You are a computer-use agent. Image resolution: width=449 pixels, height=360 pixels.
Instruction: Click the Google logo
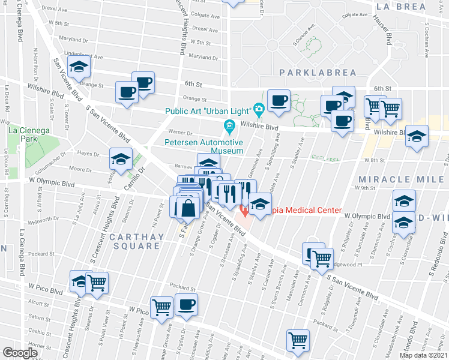tap(20, 353)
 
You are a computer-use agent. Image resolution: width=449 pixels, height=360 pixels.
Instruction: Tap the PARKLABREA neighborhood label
tap(318, 73)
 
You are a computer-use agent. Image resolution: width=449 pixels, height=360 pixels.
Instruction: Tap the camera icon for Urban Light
tap(259, 110)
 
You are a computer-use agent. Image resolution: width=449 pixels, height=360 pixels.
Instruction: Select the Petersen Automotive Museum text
tap(204, 147)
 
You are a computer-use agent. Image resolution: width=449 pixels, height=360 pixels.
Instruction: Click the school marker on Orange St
tap(79, 68)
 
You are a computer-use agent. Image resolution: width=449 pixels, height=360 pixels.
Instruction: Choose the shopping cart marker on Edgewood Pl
tap(322, 257)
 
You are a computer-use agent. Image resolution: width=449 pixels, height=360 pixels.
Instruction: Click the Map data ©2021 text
tap(424, 355)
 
